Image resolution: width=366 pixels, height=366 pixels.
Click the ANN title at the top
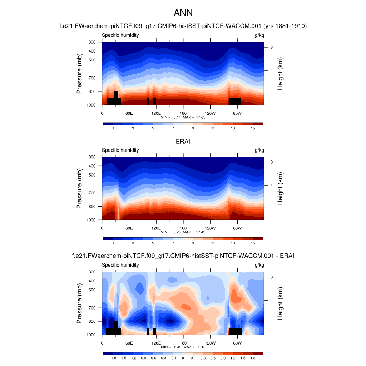[x=183, y=13]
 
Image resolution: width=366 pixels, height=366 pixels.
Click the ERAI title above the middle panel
[x=183, y=142]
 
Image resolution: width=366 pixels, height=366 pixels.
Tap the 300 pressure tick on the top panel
[x=92, y=42]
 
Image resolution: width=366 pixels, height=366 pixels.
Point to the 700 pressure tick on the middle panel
[x=92, y=193]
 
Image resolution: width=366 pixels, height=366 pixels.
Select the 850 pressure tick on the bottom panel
[x=92, y=321]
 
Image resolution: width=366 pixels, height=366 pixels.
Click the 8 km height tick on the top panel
[x=271, y=47]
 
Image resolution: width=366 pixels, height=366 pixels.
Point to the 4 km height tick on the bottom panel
[x=271, y=300]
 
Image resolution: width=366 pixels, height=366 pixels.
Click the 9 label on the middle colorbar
[x=193, y=243]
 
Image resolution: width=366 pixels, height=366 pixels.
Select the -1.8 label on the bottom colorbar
[x=113, y=358]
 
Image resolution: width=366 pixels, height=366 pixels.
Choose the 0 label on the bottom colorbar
[x=183, y=358]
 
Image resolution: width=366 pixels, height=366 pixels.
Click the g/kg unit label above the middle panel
[x=259, y=150]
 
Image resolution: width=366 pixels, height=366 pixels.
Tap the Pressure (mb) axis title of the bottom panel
[x=79, y=304]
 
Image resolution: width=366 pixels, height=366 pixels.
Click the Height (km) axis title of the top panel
[x=280, y=74]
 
